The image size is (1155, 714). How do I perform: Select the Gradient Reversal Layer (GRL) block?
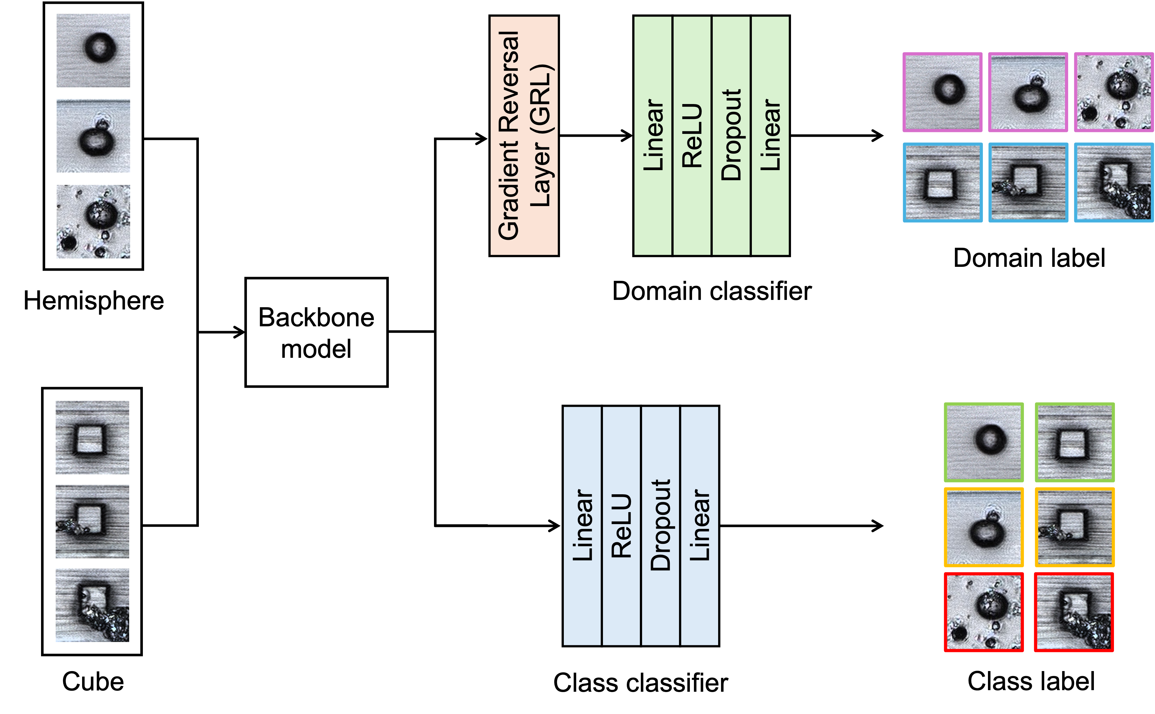(x=524, y=135)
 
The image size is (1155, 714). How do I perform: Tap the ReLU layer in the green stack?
(x=692, y=135)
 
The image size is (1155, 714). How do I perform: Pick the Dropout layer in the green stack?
(x=731, y=135)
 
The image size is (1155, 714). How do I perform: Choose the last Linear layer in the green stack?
(x=770, y=135)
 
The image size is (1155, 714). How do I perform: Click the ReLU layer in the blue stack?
(x=621, y=526)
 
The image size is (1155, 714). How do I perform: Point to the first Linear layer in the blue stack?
(x=582, y=526)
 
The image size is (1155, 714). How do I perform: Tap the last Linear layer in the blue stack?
(x=699, y=526)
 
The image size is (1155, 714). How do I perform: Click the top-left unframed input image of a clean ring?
(x=93, y=51)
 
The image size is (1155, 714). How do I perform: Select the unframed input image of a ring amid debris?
(x=93, y=221)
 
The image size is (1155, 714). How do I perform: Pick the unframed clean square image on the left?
(x=92, y=437)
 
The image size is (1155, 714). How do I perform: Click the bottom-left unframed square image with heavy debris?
(x=92, y=605)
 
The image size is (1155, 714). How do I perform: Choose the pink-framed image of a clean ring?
(x=942, y=92)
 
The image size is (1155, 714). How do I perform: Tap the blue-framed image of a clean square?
(x=942, y=182)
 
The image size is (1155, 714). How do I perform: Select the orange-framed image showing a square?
(x=1074, y=527)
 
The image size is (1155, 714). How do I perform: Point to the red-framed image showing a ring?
(x=983, y=612)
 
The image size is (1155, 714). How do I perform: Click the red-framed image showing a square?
(x=1074, y=612)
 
